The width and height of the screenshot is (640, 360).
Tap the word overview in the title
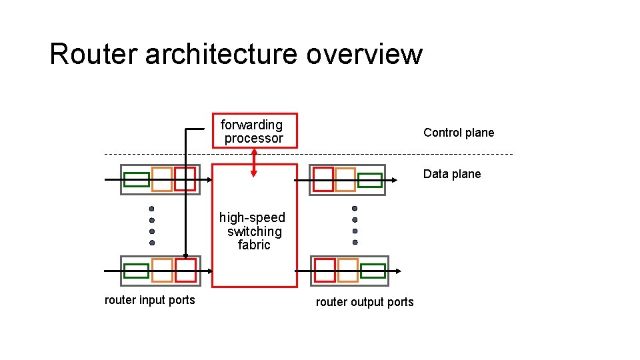(x=364, y=54)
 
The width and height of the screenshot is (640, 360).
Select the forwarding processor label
(x=253, y=131)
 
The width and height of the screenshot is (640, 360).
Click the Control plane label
(x=459, y=133)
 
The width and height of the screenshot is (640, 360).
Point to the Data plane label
(x=451, y=174)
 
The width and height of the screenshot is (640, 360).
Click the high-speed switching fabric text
(x=253, y=231)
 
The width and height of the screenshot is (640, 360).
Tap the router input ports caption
(x=150, y=300)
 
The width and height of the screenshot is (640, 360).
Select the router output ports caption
(x=365, y=302)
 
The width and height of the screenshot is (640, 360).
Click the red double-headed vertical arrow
(x=253, y=162)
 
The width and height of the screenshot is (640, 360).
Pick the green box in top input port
(x=137, y=179)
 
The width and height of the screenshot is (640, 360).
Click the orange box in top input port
(x=162, y=179)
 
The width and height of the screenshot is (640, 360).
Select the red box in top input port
(x=185, y=179)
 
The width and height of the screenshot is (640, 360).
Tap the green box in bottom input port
(x=137, y=271)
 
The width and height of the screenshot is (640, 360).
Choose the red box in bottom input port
(x=185, y=270)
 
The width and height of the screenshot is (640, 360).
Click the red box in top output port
(x=323, y=179)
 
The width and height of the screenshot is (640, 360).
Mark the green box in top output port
(x=370, y=180)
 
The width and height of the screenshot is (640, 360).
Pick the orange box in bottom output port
(x=347, y=270)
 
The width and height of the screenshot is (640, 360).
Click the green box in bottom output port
(x=373, y=271)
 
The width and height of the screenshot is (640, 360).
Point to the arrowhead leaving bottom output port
(x=398, y=271)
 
